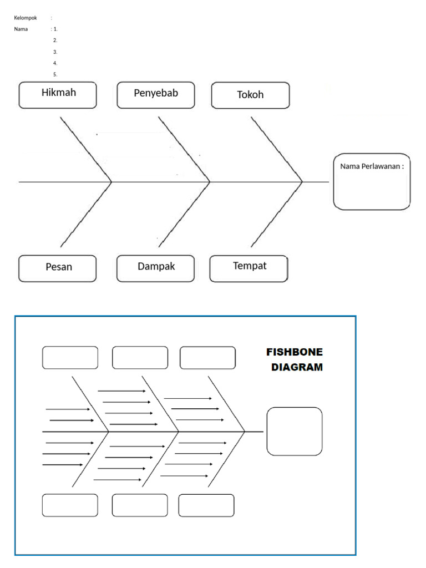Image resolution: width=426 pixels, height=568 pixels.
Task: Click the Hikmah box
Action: (58, 95)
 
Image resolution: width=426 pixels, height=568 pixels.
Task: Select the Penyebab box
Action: (156, 95)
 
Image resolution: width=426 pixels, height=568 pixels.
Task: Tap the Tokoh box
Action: (250, 95)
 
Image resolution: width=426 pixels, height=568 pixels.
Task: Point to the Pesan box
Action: (58, 268)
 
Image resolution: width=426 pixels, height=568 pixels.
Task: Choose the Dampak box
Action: (156, 268)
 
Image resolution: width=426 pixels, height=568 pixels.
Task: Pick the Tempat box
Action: (249, 268)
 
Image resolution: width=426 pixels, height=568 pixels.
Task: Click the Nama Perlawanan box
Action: (372, 181)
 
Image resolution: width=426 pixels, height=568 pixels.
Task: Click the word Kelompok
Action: (26, 18)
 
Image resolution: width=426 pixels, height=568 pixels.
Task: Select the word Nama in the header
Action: (21, 29)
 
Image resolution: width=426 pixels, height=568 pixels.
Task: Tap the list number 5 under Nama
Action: (55, 74)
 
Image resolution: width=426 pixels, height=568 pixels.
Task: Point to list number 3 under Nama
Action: (55, 52)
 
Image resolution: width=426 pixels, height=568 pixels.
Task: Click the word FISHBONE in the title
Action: (294, 352)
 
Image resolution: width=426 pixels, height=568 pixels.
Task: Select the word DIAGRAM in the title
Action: (297, 367)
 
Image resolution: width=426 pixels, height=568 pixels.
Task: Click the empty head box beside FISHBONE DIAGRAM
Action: (294, 431)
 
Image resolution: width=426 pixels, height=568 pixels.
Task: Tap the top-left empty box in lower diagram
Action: (70, 358)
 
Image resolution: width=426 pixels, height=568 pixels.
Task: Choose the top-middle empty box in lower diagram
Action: (140, 358)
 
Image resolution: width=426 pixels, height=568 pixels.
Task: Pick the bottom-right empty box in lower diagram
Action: (206, 505)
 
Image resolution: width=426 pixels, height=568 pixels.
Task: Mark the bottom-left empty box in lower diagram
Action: (70, 505)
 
